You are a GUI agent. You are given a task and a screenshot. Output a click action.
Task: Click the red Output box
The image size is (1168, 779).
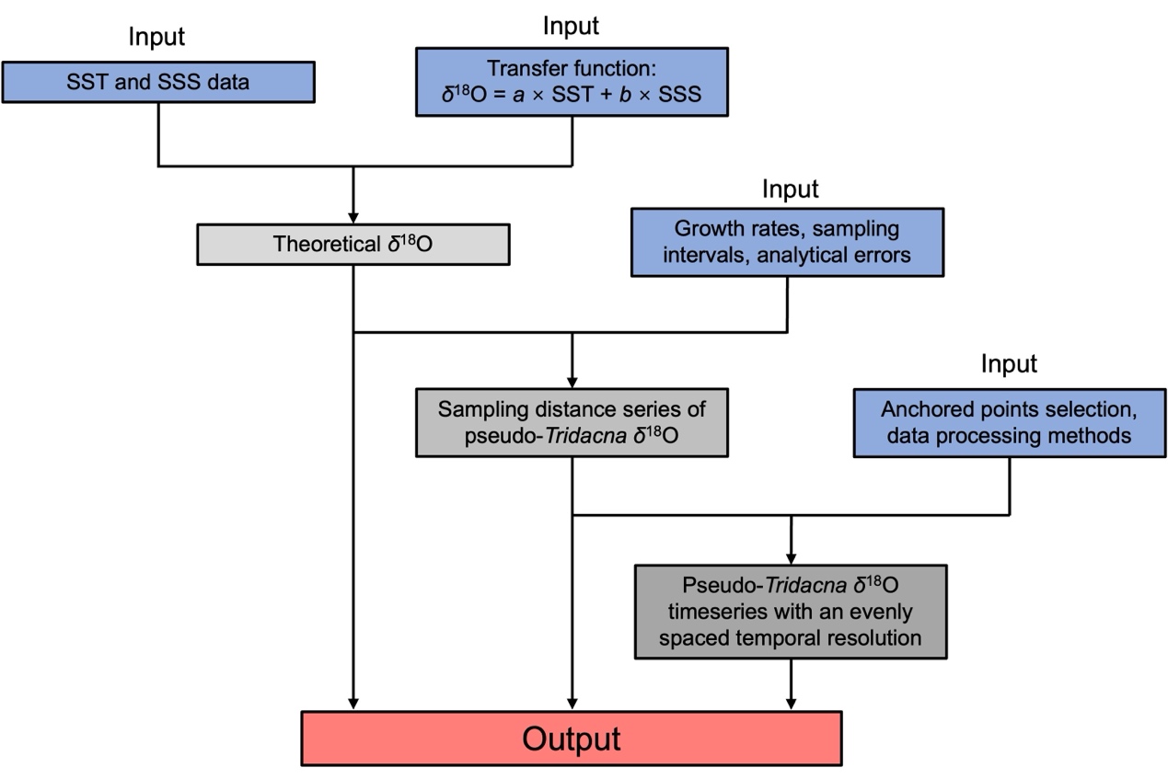point(572,739)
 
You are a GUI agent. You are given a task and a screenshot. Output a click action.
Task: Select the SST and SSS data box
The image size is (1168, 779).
point(157,82)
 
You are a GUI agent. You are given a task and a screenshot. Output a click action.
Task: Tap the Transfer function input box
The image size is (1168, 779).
point(572,82)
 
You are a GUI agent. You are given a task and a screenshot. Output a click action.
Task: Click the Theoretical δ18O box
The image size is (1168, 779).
point(353,246)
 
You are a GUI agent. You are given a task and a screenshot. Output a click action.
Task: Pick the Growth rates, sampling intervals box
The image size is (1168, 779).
point(787,242)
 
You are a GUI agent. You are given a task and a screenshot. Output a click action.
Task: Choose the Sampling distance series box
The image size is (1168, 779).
point(572,422)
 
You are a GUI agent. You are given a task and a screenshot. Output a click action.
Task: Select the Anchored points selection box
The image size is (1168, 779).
point(1010,422)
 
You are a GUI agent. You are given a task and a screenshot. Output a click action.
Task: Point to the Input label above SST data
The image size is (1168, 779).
point(156,38)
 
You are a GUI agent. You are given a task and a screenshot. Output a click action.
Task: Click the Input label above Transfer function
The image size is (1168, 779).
point(572,26)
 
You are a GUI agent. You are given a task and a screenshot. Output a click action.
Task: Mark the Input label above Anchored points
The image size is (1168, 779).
point(1009,363)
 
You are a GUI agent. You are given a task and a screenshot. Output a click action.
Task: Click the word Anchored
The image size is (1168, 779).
point(915,408)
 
